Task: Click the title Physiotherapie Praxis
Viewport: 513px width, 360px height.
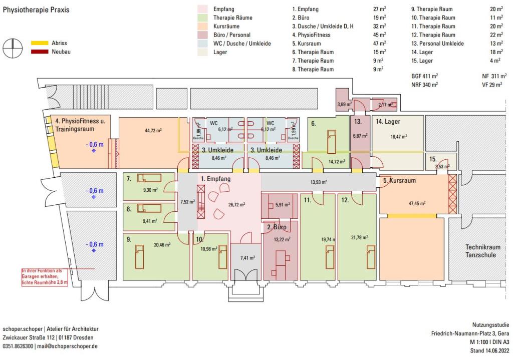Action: click(36, 10)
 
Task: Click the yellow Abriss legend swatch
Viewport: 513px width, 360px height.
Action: click(39, 43)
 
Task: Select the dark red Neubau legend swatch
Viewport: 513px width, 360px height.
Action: click(39, 52)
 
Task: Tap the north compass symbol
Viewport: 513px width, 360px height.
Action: click(13, 48)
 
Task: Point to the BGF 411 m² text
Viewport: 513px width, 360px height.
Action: click(424, 76)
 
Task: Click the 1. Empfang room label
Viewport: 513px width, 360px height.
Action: click(215, 179)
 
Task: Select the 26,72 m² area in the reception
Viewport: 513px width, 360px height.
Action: click(236, 204)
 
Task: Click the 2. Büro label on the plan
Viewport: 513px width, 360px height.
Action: click(277, 227)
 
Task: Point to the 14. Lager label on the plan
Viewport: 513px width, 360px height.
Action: click(388, 122)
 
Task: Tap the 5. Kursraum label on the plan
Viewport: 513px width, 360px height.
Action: click(399, 180)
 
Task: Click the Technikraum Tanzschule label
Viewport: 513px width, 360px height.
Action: click(480, 251)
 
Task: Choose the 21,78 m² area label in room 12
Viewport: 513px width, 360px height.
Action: click(360, 237)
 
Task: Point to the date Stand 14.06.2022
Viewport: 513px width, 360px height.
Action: click(488, 350)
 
